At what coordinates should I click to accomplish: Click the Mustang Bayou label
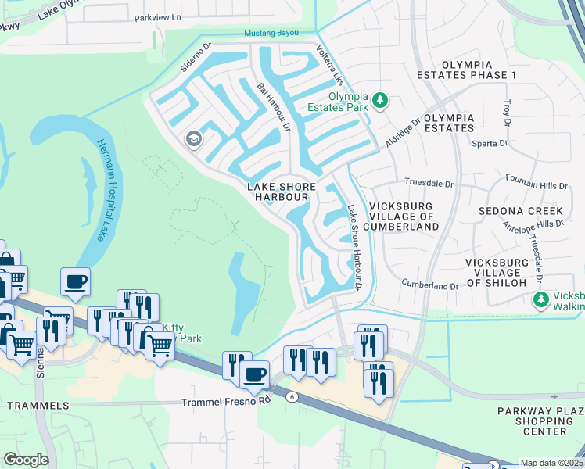pos(272,33)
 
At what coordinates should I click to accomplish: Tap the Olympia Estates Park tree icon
pos(380,100)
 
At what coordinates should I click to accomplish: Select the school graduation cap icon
pos(192,140)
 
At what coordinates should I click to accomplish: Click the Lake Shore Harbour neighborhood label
pos(282,192)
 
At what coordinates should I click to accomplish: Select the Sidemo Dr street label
pos(196,57)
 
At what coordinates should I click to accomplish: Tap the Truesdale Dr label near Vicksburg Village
pos(429,183)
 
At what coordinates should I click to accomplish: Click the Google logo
pos(26,459)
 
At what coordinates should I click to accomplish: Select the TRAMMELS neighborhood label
pos(38,406)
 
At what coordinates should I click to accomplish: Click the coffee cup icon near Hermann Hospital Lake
pos(75,282)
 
